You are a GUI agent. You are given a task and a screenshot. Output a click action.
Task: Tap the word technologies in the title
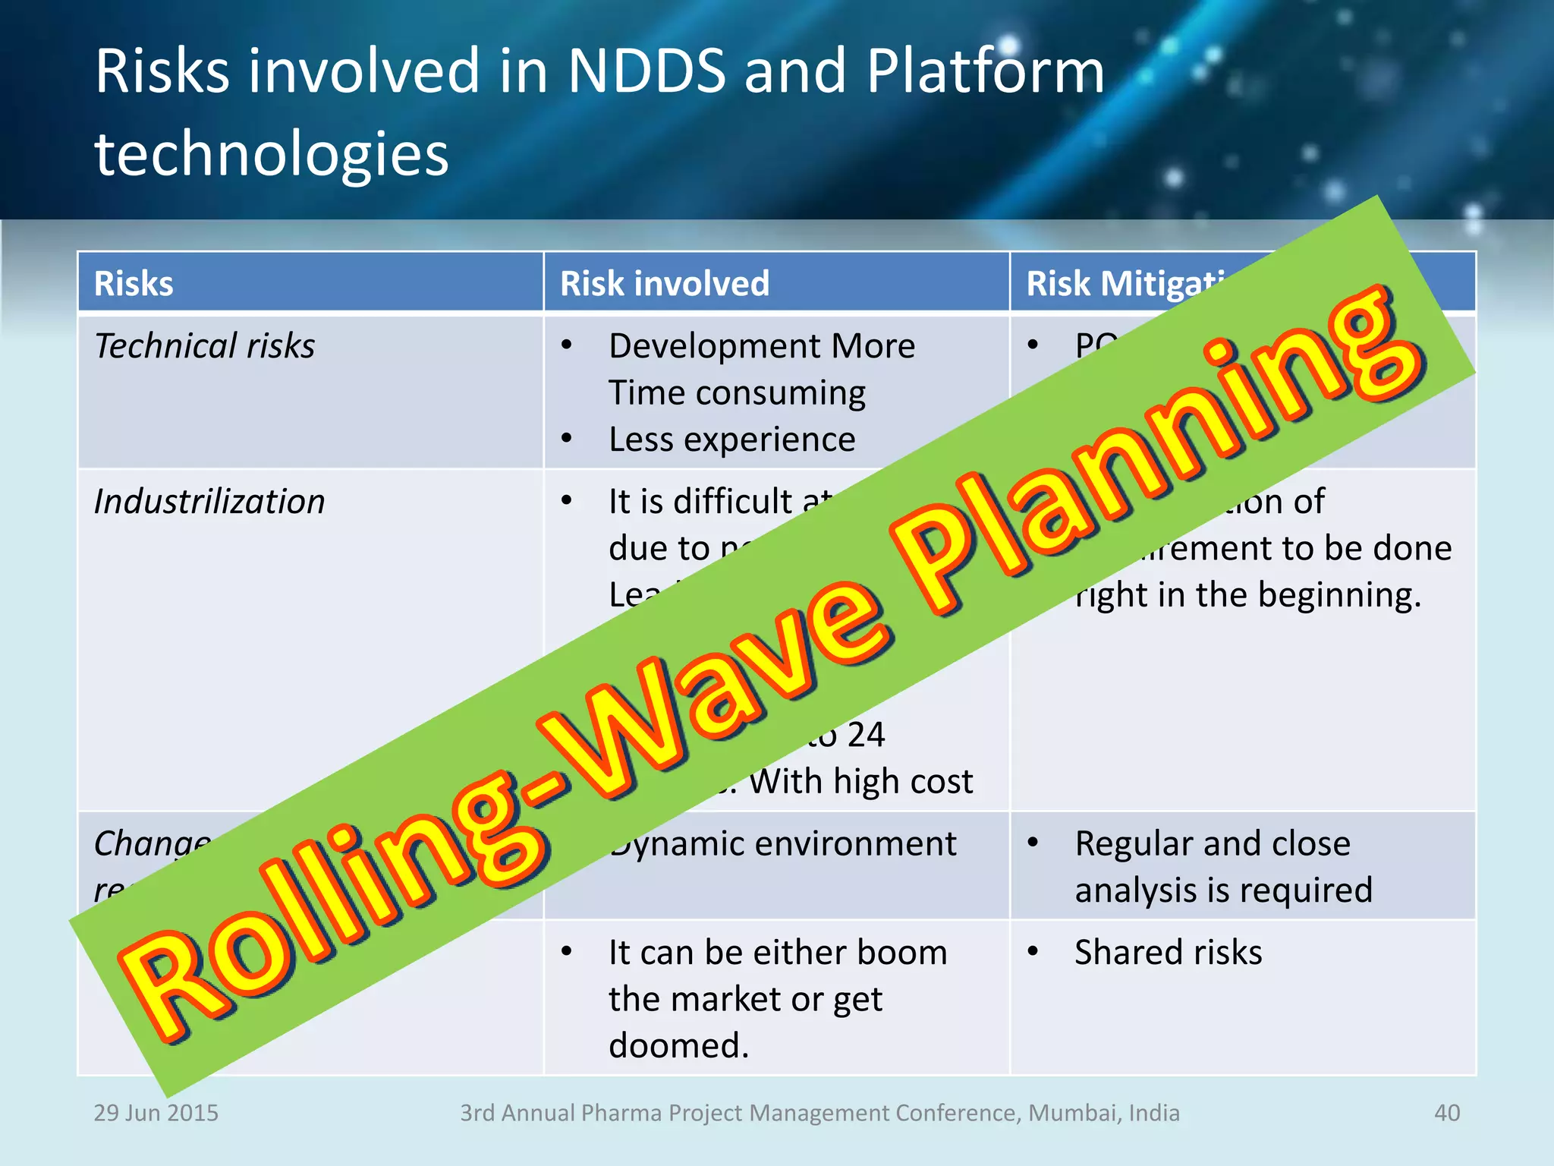pyautogui.click(x=272, y=154)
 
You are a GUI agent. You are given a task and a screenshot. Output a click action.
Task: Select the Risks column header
pyautogui.click(x=134, y=283)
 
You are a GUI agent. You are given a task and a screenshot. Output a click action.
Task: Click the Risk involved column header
pyautogui.click(x=665, y=283)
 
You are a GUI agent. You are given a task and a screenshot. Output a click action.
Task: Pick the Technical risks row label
pyautogui.click(x=204, y=346)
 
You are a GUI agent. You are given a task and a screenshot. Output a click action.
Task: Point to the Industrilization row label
pyautogui.click(x=209, y=502)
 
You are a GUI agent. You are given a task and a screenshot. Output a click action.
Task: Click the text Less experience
pyautogui.click(x=731, y=440)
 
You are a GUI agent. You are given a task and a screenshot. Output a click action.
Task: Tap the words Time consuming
pyautogui.click(x=737, y=393)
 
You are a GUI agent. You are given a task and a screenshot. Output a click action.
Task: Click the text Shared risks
pyautogui.click(x=1168, y=953)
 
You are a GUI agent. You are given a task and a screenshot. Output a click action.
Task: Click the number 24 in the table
pyautogui.click(x=866, y=735)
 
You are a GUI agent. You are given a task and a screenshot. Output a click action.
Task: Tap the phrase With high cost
pyautogui.click(x=860, y=782)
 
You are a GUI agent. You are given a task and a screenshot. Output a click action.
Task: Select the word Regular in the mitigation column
pyautogui.click(x=1131, y=844)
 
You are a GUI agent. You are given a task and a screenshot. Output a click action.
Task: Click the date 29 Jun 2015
pyautogui.click(x=156, y=1113)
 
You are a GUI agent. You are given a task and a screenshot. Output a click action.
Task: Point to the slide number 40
pyautogui.click(x=1446, y=1113)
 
